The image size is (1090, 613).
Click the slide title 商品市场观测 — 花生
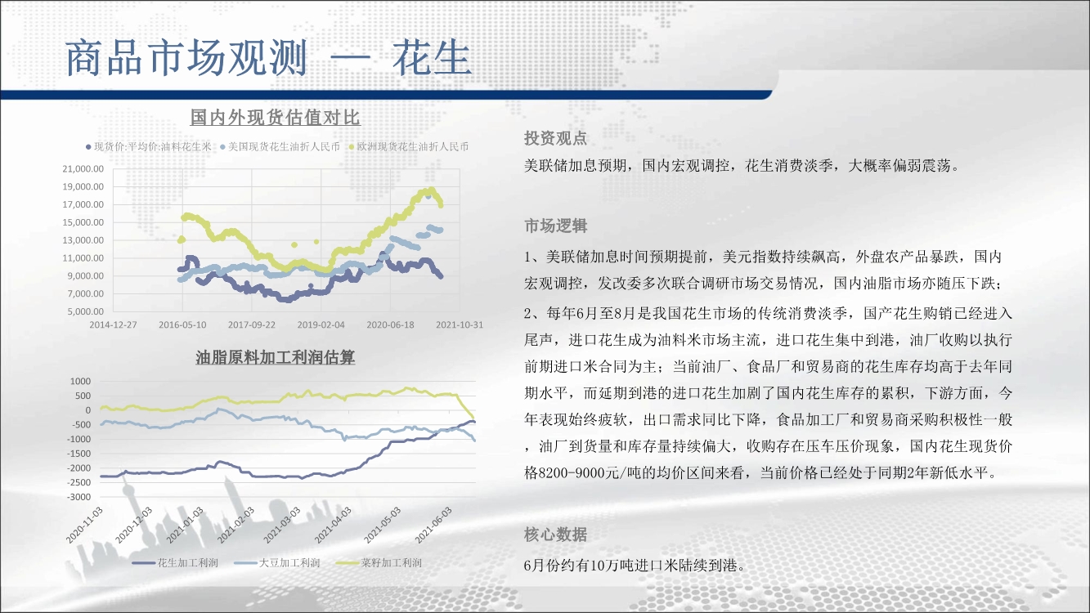pos(268,58)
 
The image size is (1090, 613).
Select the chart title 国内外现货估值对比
pos(275,117)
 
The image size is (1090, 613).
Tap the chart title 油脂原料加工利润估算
pos(275,358)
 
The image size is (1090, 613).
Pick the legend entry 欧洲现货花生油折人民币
pos(409,146)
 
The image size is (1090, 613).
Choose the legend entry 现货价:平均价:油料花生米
pos(149,146)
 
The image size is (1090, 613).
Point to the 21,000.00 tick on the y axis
pos(83,169)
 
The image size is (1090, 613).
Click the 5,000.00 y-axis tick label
pos(86,311)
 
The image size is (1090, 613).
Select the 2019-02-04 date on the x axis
pos(321,325)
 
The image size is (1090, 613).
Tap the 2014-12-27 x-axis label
pos(113,325)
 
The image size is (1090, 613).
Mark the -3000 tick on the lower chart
pos(78,497)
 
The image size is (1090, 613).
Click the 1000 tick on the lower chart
pos(80,381)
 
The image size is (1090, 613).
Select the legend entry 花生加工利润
pos(175,563)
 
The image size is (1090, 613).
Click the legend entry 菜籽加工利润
pos(379,563)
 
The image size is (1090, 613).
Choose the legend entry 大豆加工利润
pos(277,563)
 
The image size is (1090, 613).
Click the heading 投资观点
pos(556,139)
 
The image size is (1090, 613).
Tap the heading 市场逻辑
pos(556,226)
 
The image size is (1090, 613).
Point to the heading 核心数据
pos(556,535)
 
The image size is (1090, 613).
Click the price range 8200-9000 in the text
pos(571,473)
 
